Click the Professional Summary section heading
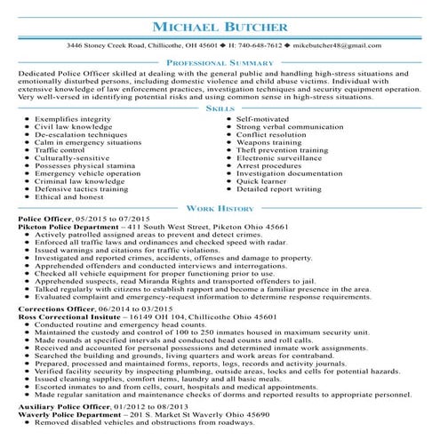[220, 65]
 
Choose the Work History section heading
[220, 206]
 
